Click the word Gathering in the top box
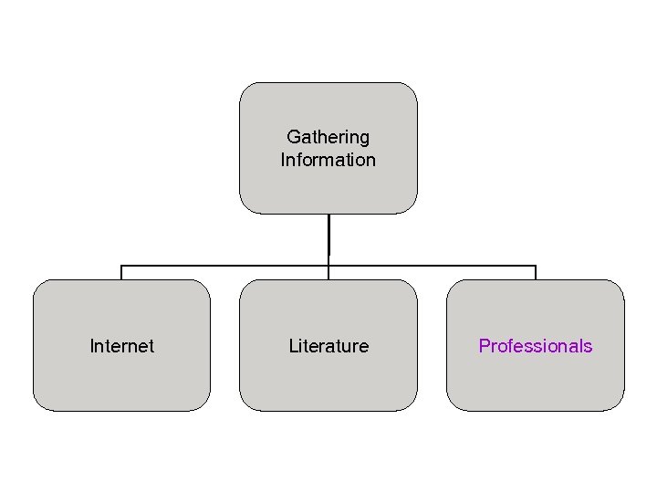pyautogui.click(x=328, y=137)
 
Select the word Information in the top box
pyautogui.click(x=328, y=160)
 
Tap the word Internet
pyautogui.click(x=121, y=346)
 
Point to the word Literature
pyautogui.click(x=328, y=346)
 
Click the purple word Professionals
pyautogui.click(x=536, y=346)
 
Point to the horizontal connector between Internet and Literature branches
pyautogui.click(x=224, y=266)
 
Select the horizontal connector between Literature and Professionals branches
pyautogui.click(x=433, y=266)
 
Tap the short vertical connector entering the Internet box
pyautogui.click(x=121, y=272)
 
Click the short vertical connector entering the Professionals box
pyautogui.click(x=536, y=272)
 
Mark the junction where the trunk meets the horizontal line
pyautogui.click(x=328, y=266)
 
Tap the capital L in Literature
pyautogui.click(x=293, y=346)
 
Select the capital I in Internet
pyautogui.click(x=91, y=346)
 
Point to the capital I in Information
pyautogui.click(x=283, y=160)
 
